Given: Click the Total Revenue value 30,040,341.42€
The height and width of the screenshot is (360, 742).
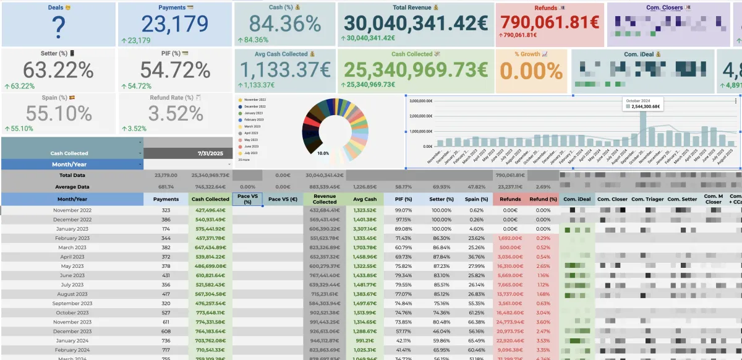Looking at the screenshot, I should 416,23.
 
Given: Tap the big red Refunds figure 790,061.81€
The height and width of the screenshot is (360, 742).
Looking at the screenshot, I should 550,22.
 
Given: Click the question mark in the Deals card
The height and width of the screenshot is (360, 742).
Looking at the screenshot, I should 58,27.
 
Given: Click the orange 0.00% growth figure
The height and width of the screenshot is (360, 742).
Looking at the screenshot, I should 531,71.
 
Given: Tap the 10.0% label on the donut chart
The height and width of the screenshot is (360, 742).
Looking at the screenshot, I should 323,153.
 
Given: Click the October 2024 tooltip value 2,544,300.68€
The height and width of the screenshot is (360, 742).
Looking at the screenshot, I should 644,106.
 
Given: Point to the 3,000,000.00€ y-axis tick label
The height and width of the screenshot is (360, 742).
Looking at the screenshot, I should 420,100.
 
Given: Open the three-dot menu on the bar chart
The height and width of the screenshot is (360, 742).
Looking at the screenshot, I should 735,100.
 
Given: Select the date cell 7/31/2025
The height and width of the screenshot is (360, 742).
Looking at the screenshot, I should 210,153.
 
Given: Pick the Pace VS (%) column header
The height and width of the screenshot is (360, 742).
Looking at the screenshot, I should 247,199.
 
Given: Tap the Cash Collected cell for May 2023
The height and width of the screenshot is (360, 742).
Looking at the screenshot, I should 211,266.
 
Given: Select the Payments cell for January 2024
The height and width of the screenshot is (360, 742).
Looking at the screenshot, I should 166,340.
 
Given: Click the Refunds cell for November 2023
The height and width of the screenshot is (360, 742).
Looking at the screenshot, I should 510,322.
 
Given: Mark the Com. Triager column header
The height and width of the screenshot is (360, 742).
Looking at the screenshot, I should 647,199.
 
